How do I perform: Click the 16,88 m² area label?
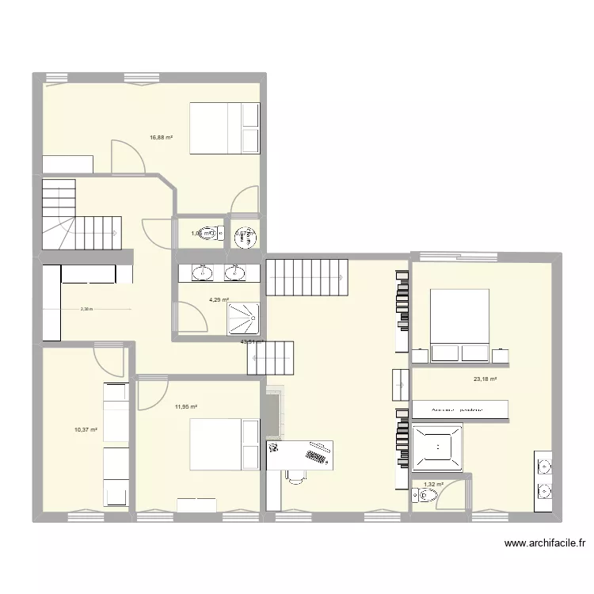pyautogui.click(x=161, y=137)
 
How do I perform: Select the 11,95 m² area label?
pyautogui.click(x=185, y=406)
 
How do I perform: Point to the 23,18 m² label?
pyautogui.click(x=485, y=379)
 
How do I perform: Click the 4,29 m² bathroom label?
pyautogui.click(x=219, y=300)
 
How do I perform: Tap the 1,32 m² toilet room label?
pyautogui.click(x=433, y=484)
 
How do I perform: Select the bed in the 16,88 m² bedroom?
pyautogui.click(x=224, y=127)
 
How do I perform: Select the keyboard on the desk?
pyautogui.click(x=317, y=455)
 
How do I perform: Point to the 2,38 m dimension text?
pyautogui.click(x=86, y=310)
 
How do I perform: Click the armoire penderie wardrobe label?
pyautogui.click(x=459, y=409)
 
